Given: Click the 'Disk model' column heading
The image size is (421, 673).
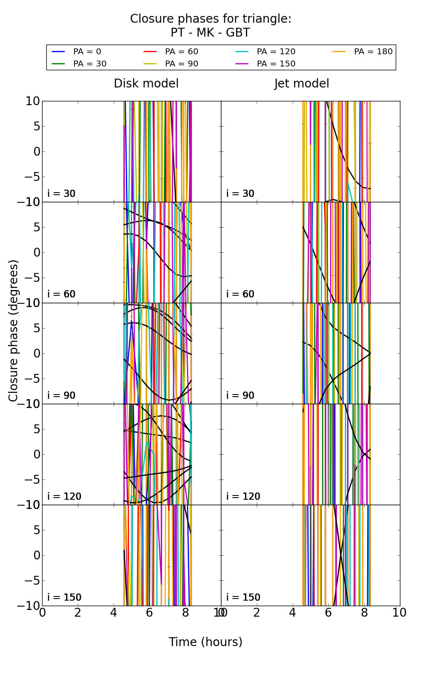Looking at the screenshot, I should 146,84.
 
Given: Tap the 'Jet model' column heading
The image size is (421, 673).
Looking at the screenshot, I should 301,84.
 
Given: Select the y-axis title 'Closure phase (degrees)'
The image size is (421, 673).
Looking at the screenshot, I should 13,330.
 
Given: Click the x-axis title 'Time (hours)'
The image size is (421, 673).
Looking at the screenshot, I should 205,642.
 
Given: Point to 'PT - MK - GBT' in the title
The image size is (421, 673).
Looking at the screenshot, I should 210,33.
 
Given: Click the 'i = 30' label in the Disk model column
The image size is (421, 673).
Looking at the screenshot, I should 61,193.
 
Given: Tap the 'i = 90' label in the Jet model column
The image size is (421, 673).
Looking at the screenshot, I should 240,395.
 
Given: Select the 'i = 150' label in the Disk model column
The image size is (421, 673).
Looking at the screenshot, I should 64,597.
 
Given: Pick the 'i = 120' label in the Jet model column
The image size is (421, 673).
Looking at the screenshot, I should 243,496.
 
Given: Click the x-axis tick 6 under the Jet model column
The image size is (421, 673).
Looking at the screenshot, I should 328,613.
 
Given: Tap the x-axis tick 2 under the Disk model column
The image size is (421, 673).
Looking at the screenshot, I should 78,613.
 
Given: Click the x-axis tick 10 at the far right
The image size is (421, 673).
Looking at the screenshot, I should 399,613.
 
